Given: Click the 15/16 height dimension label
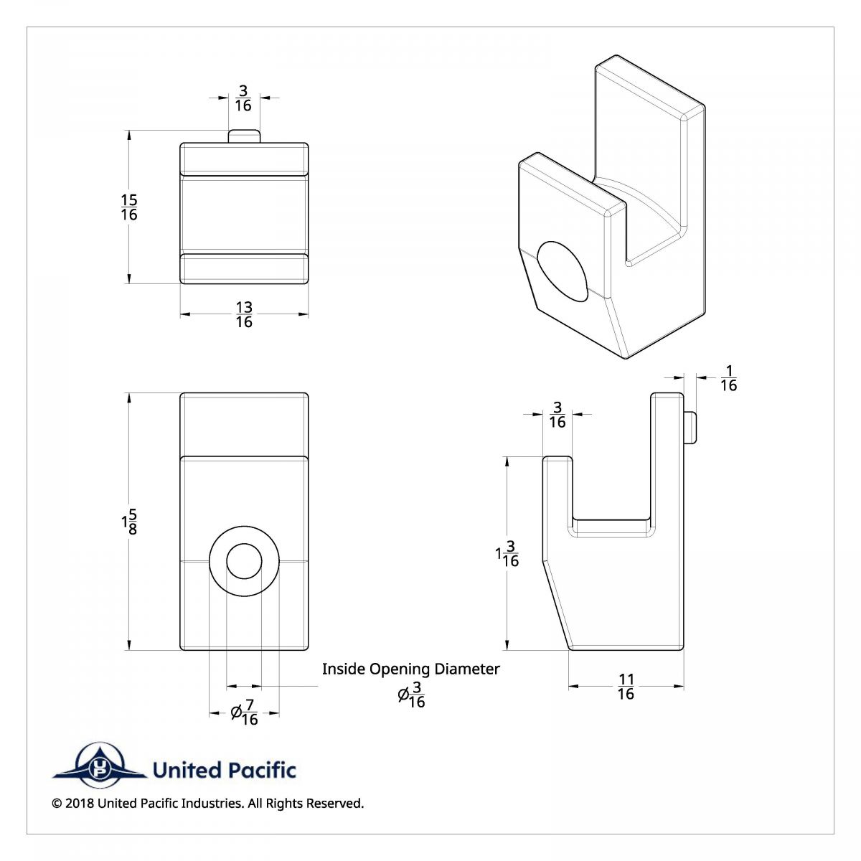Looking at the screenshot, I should [x=129, y=207].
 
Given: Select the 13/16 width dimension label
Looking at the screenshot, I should [x=244, y=315].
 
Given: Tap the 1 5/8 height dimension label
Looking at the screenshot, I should [x=129, y=522].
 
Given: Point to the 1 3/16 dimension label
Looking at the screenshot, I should [x=507, y=553].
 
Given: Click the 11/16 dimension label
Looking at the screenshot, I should [x=626, y=687].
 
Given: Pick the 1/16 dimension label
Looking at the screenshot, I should [x=728, y=378].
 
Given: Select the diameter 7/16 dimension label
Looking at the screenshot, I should [x=245, y=712].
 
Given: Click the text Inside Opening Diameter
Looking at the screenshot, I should [x=410, y=669].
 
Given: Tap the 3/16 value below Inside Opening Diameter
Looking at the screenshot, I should [x=412, y=695].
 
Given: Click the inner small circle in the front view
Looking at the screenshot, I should [x=244, y=560].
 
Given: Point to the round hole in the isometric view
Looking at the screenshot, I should [x=563, y=271].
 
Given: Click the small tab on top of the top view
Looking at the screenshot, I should [x=244, y=136].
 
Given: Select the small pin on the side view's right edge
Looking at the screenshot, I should [x=690, y=428].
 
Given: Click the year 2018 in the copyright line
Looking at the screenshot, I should [x=79, y=804].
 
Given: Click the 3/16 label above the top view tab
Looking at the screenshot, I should [x=243, y=98].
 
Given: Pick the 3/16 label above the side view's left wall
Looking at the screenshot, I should [x=557, y=415].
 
